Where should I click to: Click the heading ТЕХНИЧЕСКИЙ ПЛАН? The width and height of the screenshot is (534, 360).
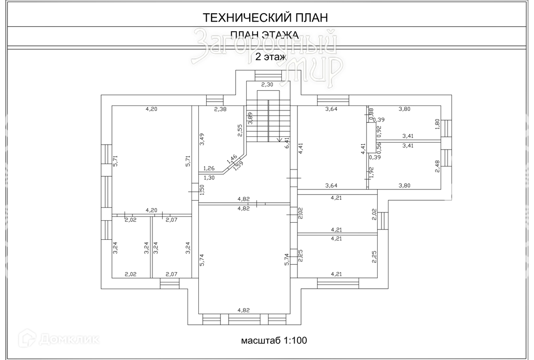265,18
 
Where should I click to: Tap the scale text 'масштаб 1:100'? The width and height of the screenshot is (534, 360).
274,340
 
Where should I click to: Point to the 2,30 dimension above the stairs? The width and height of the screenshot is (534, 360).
267,85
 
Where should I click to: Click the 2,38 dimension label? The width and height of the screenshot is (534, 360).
220,109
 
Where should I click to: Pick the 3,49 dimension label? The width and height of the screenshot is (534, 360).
202,139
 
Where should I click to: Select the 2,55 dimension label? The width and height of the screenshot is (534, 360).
240,131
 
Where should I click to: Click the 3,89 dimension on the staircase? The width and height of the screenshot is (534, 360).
250,119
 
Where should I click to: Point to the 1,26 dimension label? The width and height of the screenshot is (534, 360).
209,168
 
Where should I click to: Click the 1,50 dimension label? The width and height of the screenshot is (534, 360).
202,190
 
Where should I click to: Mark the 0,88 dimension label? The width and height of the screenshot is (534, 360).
371,112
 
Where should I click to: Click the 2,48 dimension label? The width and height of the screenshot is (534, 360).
438,167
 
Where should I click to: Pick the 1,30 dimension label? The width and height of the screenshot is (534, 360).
209,177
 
